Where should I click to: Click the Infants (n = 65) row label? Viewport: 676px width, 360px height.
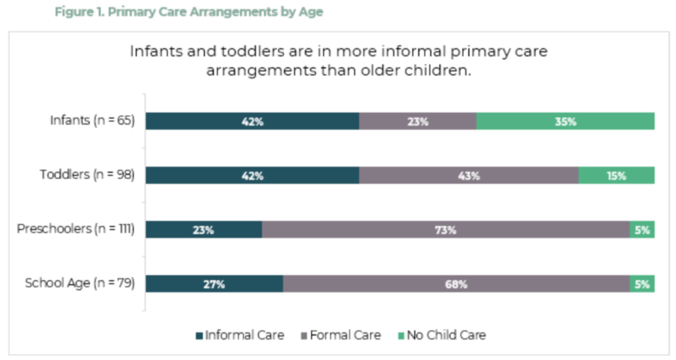point(92,122)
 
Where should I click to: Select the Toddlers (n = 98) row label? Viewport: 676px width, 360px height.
point(87,176)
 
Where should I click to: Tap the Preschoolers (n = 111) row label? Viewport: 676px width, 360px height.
point(76,230)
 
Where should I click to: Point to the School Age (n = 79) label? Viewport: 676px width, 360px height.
point(80,284)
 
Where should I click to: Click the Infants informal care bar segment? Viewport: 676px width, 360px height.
point(252,122)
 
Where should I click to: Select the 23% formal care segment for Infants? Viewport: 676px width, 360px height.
point(418,122)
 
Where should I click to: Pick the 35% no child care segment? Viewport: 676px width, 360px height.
point(565,122)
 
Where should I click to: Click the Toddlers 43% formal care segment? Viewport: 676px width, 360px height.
point(469,176)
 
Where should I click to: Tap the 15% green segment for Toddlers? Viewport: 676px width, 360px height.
point(617,176)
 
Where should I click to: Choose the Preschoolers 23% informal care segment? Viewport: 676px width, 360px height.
point(204,230)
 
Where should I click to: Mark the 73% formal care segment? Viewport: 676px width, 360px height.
point(446,230)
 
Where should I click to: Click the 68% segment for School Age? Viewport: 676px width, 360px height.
point(456,284)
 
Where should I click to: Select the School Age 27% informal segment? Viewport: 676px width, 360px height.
point(215,284)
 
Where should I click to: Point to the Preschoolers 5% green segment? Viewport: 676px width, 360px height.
point(642,230)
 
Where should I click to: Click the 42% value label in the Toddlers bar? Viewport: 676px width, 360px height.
point(253,176)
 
